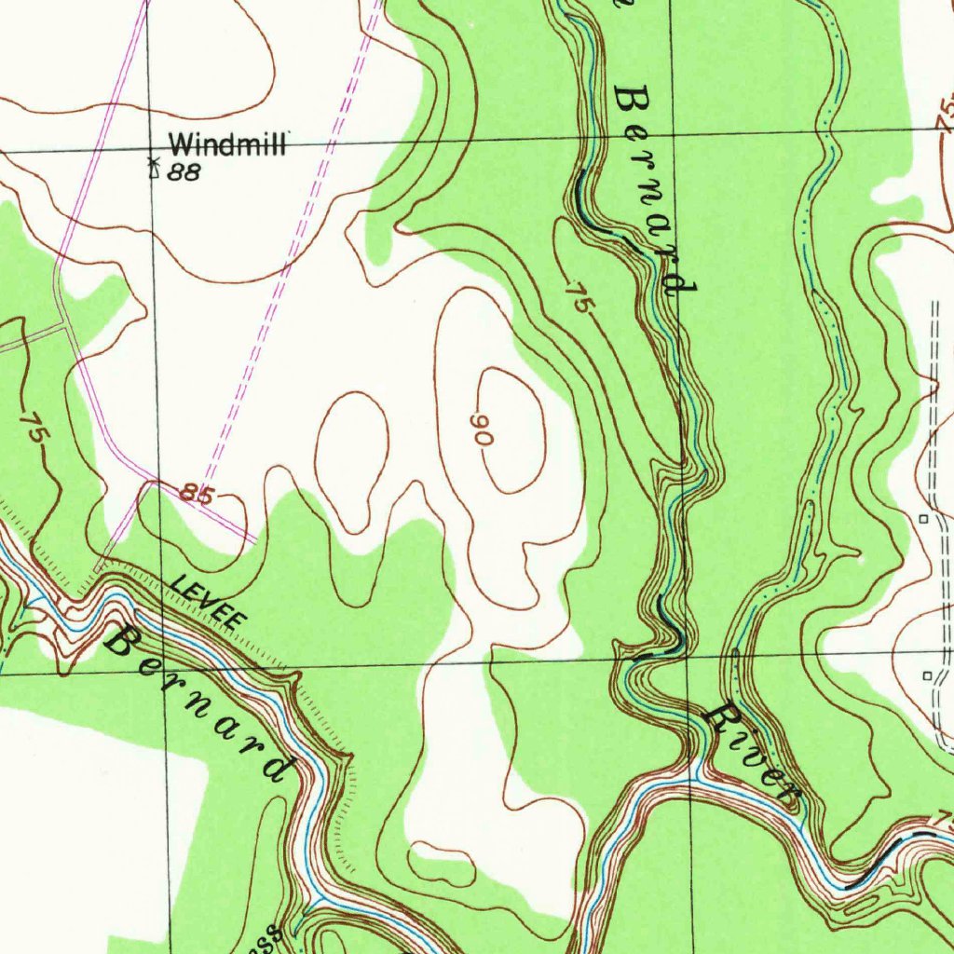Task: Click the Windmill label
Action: click(x=229, y=144)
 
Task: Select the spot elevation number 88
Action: click(x=185, y=172)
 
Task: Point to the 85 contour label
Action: click(x=197, y=495)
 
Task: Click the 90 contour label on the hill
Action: click(x=482, y=429)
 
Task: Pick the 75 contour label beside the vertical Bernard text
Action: click(x=578, y=302)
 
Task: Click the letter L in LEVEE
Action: click(x=178, y=583)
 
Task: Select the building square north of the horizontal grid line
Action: click(x=924, y=517)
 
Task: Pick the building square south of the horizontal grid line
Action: click(x=927, y=675)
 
